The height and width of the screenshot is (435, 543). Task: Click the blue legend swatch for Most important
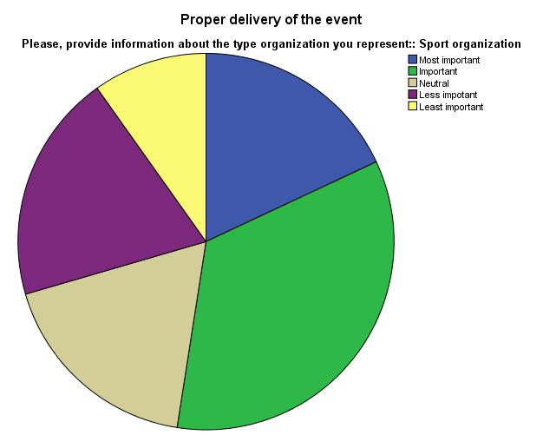(413, 60)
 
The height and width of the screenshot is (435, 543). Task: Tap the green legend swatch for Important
(413, 71)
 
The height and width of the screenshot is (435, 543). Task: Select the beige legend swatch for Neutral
(413, 83)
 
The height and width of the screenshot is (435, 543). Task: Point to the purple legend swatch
(413, 95)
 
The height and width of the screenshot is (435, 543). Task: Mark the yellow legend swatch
(413, 107)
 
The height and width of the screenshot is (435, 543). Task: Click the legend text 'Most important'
(449, 60)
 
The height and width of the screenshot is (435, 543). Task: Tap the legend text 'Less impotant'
(448, 95)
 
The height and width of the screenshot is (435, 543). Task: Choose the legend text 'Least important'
(451, 107)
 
